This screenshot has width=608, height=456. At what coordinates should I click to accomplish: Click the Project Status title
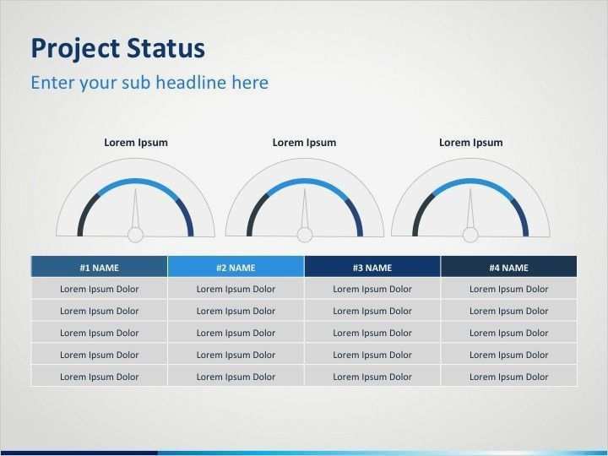coord(117,48)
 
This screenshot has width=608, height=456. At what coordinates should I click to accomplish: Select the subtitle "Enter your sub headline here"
coord(149,83)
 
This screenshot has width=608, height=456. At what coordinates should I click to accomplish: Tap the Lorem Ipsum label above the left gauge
coord(135,143)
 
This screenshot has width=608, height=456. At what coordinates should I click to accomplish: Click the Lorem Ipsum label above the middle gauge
coord(304,143)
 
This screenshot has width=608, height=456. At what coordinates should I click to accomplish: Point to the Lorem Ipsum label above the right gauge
coord(470,143)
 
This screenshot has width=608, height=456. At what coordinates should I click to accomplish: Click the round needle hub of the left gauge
coord(135,235)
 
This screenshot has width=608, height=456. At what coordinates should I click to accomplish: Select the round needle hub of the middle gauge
coord(304,235)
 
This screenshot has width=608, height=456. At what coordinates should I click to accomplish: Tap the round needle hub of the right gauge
coord(470,235)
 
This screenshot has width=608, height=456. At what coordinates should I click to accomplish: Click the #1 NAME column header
coord(99,268)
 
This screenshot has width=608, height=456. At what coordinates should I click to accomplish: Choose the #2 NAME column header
coord(236,268)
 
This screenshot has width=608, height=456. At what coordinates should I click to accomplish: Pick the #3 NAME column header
coord(372,268)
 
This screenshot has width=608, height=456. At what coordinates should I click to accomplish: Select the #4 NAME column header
coord(508,268)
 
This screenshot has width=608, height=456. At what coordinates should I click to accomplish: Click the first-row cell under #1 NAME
coord(99,289)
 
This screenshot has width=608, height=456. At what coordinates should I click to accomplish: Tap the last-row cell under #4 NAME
coord(508,377)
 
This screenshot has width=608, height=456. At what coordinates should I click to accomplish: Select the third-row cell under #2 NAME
coord(236,333)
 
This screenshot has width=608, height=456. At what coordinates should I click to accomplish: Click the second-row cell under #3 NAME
coord(372,311)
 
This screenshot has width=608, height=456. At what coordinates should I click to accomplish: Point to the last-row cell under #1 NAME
coord(99,377)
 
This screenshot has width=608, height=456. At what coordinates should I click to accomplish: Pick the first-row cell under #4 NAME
coord(508,289)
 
